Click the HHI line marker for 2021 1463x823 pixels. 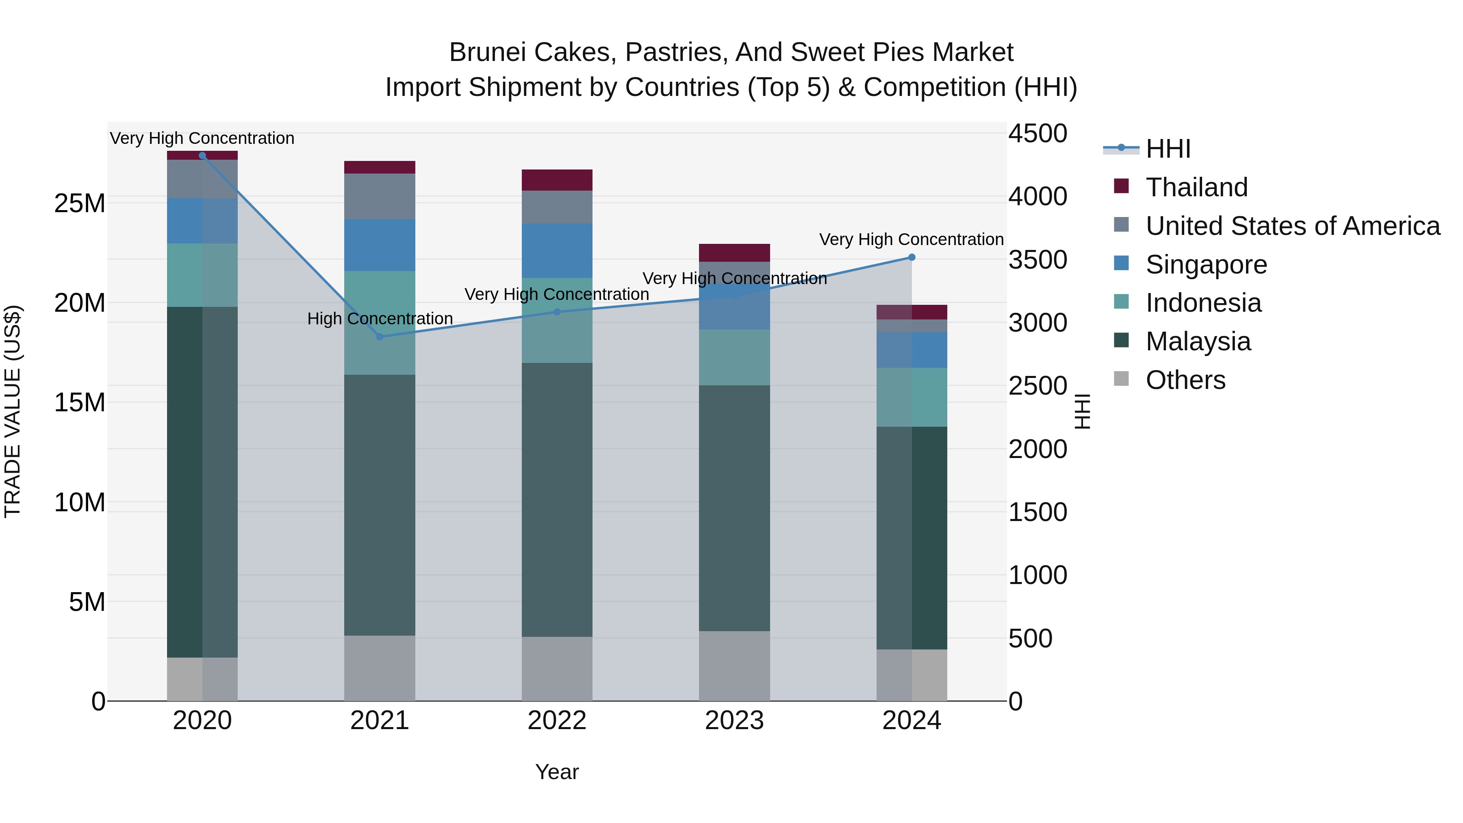click(380, 337)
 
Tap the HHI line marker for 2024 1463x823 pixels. click(912, 257)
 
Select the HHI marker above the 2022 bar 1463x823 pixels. click(557, 312)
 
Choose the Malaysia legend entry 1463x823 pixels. click(1198, 341)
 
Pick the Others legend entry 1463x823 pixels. click(1185, 380)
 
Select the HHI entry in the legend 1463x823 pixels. click(1168, 149)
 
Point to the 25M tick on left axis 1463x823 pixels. click(80, 203)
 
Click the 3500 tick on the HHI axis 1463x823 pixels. click(1038, 260)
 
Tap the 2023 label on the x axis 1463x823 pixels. click(734, 721)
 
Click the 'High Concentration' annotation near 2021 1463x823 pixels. click(380, 319)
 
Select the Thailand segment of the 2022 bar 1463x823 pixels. click(557, 180)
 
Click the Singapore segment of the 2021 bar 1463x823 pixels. click(380, 245)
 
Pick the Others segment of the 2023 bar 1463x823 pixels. click(734, 666)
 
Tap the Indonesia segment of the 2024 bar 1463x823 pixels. click(912, 397)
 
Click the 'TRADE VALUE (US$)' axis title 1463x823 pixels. click(13, 411)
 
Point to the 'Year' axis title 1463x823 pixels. click(557, 772)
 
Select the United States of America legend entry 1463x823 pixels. click(1292, 226)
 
